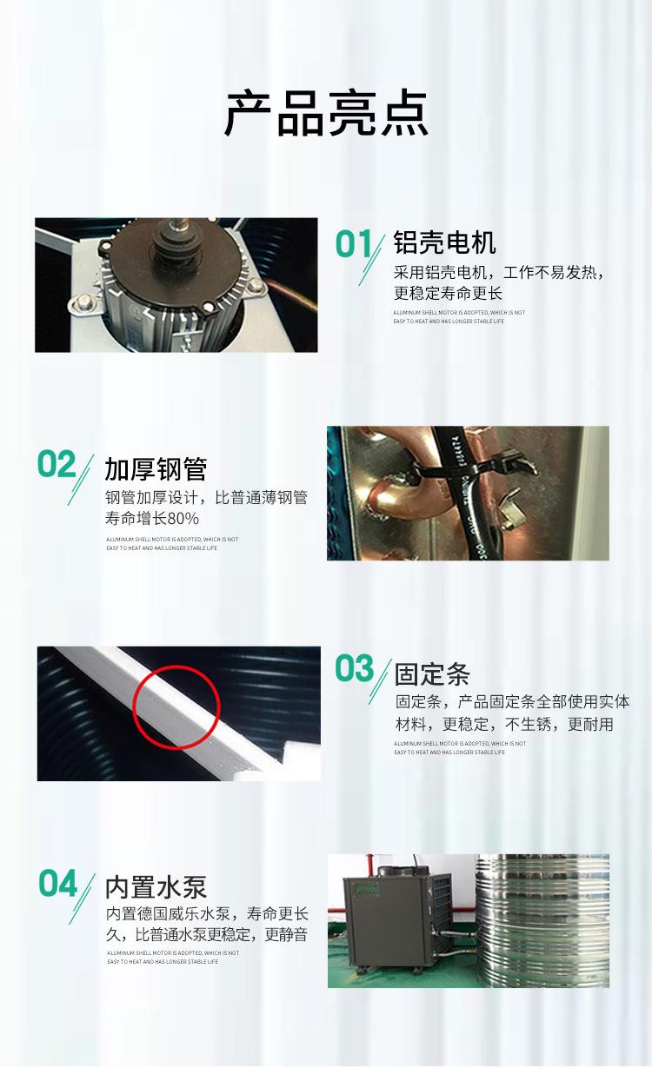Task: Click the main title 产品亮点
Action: (x=326, y=114)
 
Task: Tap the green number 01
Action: (x=354, y=245)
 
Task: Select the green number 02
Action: (x=57, y=466)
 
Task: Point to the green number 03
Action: (x=355, y=670)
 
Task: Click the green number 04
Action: (x=58, y=885)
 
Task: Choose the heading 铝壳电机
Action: (x=444, y=242)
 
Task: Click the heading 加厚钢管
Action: (x=156, y=469)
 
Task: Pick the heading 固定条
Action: (x=432, y=674)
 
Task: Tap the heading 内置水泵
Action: (x=156, y=887)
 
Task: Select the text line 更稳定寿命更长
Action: (x=449, y=293)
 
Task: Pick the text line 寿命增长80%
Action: (x=152, y=520)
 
